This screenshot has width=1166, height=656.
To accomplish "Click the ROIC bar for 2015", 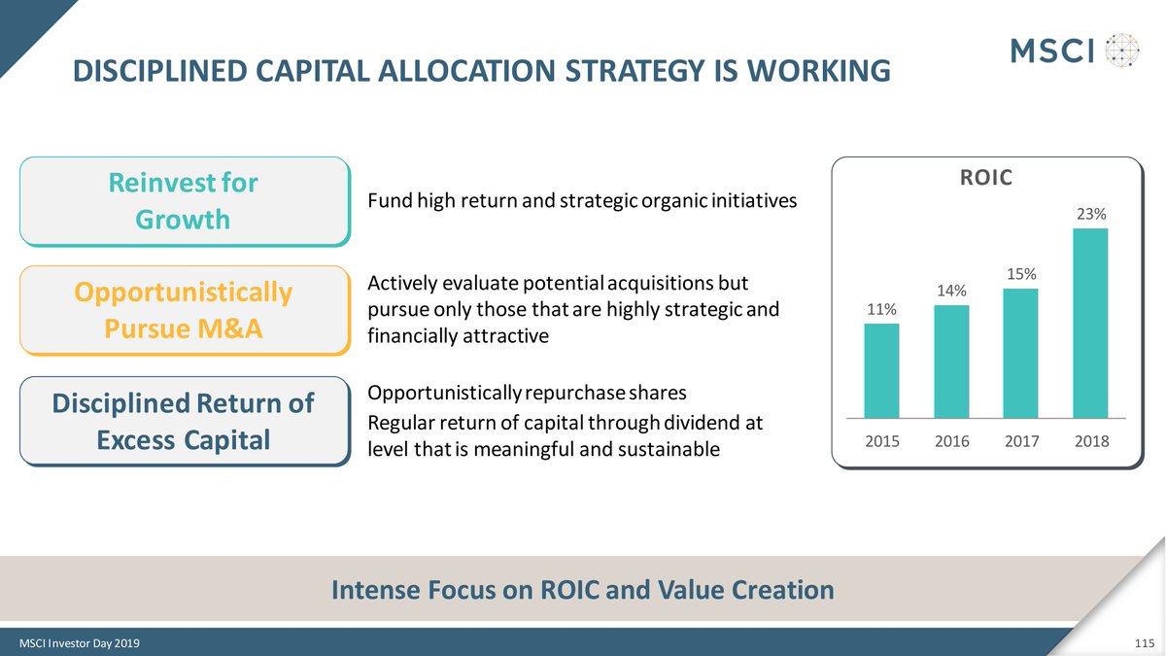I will (881, 370).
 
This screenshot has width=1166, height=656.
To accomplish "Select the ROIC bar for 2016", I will (951, 362).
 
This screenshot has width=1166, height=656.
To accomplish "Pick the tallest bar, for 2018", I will (1090, 324).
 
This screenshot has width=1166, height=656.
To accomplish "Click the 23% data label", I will (1090, 214).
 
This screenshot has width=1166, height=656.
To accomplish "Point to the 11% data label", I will (881, 309).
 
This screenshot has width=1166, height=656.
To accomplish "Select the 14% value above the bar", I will (951, 291).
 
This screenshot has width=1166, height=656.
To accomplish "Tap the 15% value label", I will (1020, 274).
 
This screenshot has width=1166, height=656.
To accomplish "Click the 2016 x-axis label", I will (951, 441).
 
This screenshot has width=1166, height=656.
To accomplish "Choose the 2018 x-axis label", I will (1090, 441).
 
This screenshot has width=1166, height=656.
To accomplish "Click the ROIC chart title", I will (985, 178).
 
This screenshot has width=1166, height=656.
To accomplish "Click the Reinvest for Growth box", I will (184, 201).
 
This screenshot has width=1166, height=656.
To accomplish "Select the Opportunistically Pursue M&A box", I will (184, 310).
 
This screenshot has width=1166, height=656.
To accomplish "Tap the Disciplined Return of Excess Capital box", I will (184, 421).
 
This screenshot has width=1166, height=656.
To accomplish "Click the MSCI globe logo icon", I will (1122, 50).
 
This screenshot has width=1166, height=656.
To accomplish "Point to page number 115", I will (1143, 643).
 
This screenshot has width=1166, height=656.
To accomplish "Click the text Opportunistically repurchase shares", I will (527, 394).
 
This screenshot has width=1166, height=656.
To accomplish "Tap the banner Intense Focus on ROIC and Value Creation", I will (582, 590).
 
